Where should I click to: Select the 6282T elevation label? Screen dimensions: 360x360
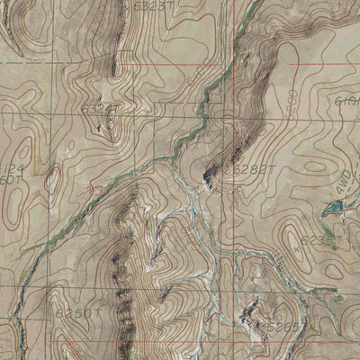(253, 168)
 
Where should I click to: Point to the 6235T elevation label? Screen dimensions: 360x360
(317, 241)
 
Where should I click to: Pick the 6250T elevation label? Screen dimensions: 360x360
(76, 313)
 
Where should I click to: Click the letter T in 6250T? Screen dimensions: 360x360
(95, 313)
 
